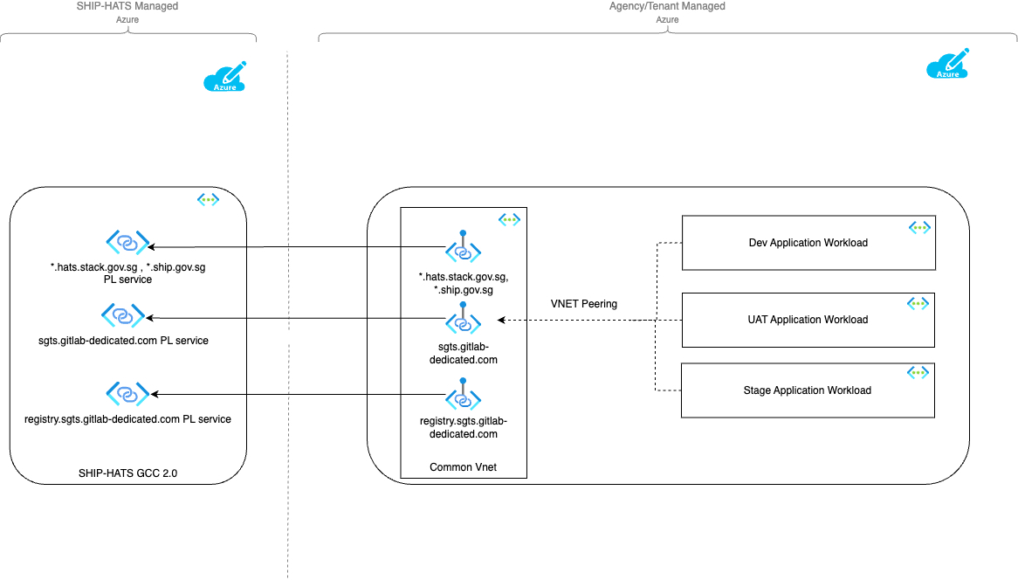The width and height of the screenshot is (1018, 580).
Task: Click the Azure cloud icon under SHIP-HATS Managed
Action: click(224, 77)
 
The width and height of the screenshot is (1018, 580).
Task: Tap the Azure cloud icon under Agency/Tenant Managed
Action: click(948, 64)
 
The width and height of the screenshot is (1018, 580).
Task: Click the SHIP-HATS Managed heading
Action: click(127, 6)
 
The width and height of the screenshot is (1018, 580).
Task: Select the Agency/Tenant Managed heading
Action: click(667, 6)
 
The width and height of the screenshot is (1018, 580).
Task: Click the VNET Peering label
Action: click(584, 303)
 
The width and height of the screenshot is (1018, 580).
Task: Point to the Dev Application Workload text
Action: click(808, 242)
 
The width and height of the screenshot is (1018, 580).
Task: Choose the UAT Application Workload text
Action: click(808, 320)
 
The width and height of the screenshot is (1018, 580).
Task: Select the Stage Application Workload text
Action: click(807, 390)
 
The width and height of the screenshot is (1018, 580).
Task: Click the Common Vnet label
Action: click(463, 467)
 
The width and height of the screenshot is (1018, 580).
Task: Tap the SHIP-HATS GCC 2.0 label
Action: click(127, 473)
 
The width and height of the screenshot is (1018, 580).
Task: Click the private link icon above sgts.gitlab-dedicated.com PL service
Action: click(123, 315)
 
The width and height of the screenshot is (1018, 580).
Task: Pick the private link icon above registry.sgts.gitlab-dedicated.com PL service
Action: click(127, 394)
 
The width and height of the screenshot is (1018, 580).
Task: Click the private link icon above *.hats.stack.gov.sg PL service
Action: click(127, 242)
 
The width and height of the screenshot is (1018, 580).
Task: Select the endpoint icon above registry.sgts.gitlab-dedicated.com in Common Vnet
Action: click(463, 394)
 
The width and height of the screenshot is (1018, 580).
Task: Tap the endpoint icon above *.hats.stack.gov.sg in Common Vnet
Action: click(463, 246)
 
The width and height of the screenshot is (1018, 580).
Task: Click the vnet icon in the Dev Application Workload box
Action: click(919, 227)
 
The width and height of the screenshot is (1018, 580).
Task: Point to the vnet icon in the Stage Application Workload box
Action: click(918, 372)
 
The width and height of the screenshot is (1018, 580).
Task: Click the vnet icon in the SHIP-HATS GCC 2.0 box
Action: click(208, 199)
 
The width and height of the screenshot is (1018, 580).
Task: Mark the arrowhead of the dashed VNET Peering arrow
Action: click(500, 321)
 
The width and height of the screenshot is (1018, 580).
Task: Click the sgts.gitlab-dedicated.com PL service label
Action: click(123, 341)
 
